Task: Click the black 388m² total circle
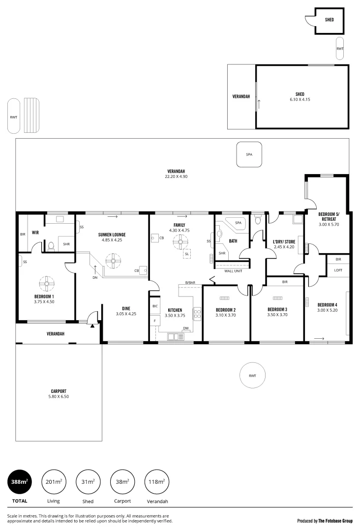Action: point(20,482)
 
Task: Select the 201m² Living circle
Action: point(54,482)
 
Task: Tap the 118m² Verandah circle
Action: point(157,482)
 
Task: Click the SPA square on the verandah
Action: point(249,154)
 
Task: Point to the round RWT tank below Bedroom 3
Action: point(252,376)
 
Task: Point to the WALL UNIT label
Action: point(232,270)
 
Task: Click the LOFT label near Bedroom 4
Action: point(338,270)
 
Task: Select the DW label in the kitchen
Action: point(185,328)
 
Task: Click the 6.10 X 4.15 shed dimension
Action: point(300,99)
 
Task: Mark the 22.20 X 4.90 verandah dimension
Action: point(176,177)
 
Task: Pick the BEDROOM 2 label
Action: point(226,310)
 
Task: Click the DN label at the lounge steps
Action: point(95,277)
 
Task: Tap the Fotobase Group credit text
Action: point(325,520)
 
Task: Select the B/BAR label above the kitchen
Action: point(189,282)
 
